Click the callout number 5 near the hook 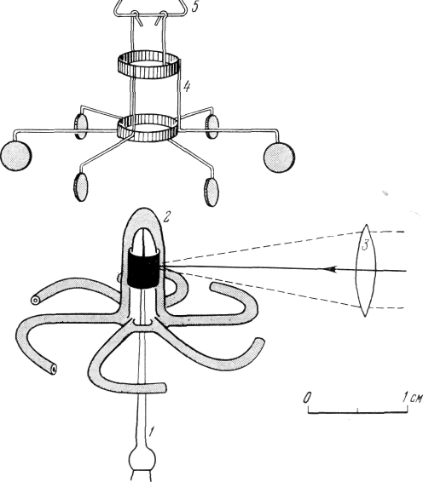pyautogui.click(x=195, y=7)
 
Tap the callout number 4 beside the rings pyautogui.click(x=187, y=87)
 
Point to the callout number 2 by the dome pyautogui.click(x=166, y=217)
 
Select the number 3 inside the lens pyautogui.click(x=365, y=246)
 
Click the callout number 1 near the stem pyautogui.click(x=151, y=432)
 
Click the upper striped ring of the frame pyautogui.click(x=148, y=65)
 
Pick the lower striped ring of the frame pyautogui.click(x=148, y=128)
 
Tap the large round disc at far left pyautogui.click(x=16, y=155)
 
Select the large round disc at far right pyautogui.click(x=279, y=157)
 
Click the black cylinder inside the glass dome pyautogui.click(x=144, y=269)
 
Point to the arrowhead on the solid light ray pyautogui.click(x=329, y=269)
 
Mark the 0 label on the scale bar pyautogui.click(x=307, y=398)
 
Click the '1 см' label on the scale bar pyautogui.click(x=412, y=398)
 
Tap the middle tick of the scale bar pyautogui.click(x=357, y=410)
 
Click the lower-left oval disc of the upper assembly pyautogui.click(x=81, y=186)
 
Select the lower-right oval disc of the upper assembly pyautogui.click(x=211, y=192)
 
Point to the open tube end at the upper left pyautogui.click(x=35, y=300)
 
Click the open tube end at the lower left pyautogui.click(x=54, y=368)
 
